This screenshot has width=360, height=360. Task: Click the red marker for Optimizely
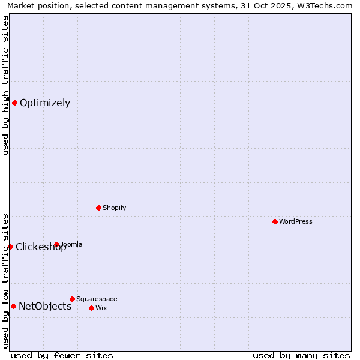click(x=14, y=103)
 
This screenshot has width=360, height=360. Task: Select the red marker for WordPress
click(x=275, y=221)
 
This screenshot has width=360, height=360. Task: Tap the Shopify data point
click(x=98, y=208)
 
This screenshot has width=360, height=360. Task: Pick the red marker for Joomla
click(x=56, y=244)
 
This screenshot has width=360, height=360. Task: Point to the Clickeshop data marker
click(x=10, y=247)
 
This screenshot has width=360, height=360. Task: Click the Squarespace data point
click(x=72, y=299)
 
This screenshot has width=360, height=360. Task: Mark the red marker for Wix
click(x=91, y=308)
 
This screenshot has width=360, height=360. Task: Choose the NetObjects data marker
click(x=13, y=306)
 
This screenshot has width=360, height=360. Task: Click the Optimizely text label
click(x=45, y=103)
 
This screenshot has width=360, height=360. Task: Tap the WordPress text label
click(x=296, y=221)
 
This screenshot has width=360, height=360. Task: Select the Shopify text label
click(x=114, y=208)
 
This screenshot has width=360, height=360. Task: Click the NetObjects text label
click(x=45, y=306)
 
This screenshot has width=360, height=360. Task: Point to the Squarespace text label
click(x=97, y=299)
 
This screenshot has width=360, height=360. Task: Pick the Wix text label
click(x=101, y=308)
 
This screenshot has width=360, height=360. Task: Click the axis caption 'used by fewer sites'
click(x=62, y=355)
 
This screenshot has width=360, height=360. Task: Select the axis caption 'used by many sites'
click(x=301, y=355)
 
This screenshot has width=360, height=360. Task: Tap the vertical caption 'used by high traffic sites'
click(x=5, y=85)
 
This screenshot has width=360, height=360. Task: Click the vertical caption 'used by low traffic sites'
click(x=5, y=281)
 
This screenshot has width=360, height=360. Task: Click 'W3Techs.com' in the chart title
click(x=328, y=5)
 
